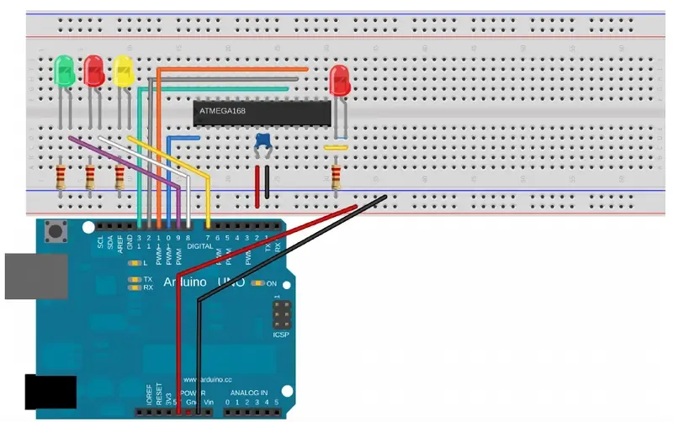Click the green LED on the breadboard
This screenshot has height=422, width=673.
63,71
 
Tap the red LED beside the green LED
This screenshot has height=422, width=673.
93,71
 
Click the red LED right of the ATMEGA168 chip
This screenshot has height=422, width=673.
340,82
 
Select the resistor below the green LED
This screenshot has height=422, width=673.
61,177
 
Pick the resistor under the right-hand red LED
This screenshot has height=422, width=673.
336,177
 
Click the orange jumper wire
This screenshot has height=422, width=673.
236,70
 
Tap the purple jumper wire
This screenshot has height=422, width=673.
126,160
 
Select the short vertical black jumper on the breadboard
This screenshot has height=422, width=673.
268,182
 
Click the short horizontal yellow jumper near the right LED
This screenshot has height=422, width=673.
336,148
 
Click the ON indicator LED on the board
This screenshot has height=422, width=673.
260,283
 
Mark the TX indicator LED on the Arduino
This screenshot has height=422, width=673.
133,279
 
